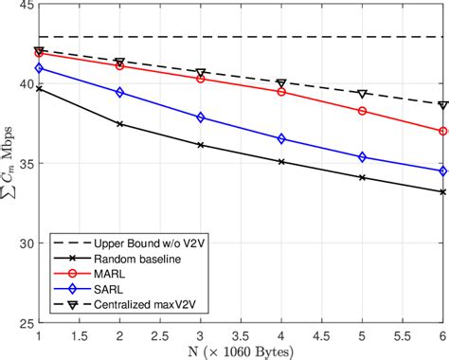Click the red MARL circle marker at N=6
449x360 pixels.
coord(443,132)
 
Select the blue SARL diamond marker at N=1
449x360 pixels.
coord(39,68)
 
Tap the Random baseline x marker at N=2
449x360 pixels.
coord(119,124)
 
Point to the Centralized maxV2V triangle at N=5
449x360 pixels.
coord(362,94)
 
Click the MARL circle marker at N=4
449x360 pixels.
coord(281,92)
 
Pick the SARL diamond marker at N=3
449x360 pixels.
coord(201,117)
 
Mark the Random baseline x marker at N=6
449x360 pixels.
coord(443,192)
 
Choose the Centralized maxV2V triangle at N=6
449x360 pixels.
coord(443,105)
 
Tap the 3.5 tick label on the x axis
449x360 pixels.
coord(241,335)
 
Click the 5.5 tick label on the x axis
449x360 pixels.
coord(403,335)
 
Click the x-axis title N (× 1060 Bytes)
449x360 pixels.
coord(241,351)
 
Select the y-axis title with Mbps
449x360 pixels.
coord(9,164)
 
